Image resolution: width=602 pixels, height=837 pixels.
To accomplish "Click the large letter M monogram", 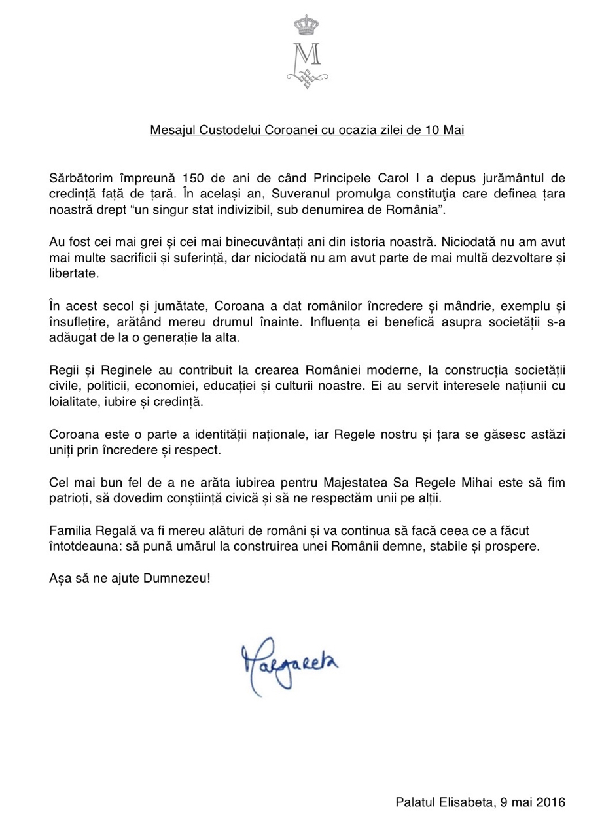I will pos(302,56).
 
